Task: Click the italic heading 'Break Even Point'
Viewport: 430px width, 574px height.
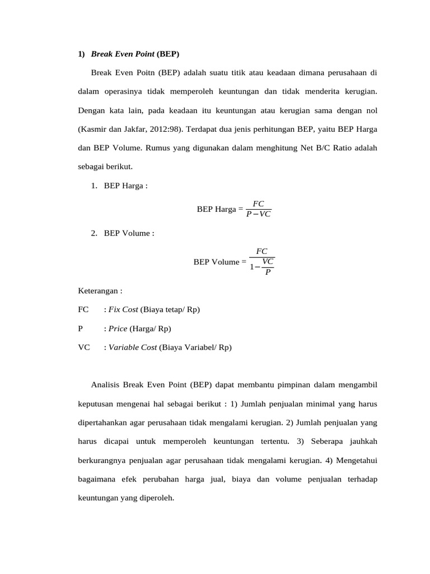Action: (122, 54)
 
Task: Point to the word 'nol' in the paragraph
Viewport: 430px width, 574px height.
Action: (371, 110)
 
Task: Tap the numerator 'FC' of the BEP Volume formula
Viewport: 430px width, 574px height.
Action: (261, 252)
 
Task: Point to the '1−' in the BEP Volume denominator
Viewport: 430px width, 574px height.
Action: (255, 267)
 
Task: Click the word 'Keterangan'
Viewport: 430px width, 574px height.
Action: (99, 291)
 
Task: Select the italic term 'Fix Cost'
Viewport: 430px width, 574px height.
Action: (123, 309)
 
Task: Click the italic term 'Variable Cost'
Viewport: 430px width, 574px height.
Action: (133, 347)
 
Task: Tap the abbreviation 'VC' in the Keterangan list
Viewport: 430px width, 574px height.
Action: (84, 347)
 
